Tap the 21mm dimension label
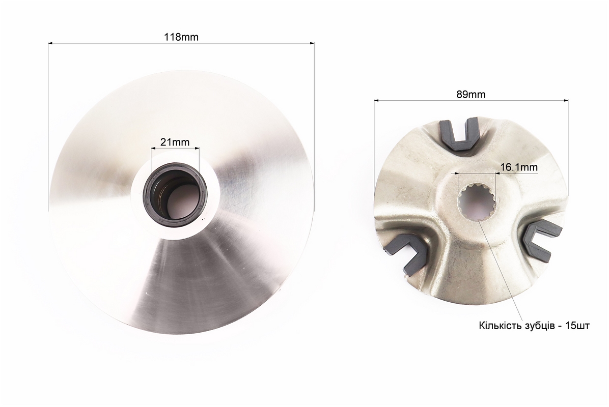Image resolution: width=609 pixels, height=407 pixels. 175,142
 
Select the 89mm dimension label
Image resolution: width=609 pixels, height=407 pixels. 471,94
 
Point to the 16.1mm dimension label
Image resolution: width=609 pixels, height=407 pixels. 519,167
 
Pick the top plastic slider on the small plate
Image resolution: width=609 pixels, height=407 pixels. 459,133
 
